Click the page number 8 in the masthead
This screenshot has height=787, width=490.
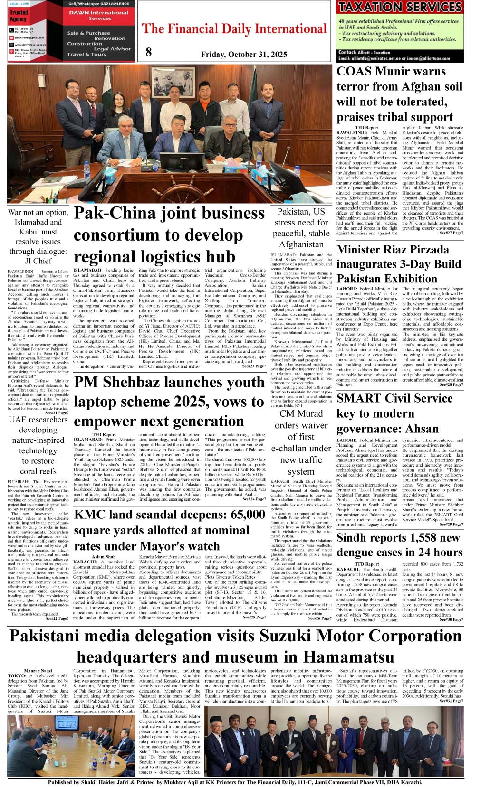pos(149,52)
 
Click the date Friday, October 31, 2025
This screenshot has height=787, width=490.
pos(244,55)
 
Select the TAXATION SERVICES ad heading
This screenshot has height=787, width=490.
pos(400,7)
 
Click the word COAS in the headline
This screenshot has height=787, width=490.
pos(355,72)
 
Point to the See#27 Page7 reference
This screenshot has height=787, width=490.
pos(451,233)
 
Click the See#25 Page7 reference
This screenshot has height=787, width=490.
pos(254,618)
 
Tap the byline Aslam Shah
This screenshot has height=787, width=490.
pos(104,557)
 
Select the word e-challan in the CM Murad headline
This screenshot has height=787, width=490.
pos(301,449)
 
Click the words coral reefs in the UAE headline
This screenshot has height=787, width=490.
pos(38,471)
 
